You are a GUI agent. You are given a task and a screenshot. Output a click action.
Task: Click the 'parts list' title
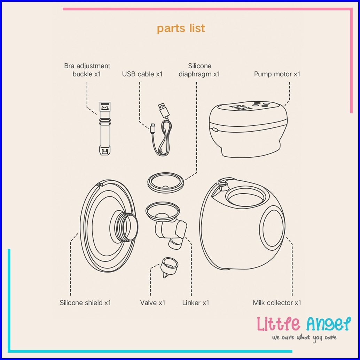pos(181,29)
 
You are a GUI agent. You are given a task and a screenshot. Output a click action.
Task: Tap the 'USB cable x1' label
pos(142,74)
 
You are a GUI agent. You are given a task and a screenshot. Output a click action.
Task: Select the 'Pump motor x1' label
pos(277,74)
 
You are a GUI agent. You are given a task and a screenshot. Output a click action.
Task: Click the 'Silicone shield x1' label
pos(85,303)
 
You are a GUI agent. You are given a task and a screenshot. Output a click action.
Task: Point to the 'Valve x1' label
pos(153,303)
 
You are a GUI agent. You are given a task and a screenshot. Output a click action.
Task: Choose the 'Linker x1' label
pos(196,303)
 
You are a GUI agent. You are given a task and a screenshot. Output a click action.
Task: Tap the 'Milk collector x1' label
pos(277,303)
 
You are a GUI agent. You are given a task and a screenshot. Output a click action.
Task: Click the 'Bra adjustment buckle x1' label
pos(87,70)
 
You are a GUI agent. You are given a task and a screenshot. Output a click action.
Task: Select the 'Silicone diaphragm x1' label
pos(199,70)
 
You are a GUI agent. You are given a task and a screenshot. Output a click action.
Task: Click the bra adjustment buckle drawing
pos(105,128)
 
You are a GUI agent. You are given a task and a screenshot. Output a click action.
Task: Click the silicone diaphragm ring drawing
pos(165,182)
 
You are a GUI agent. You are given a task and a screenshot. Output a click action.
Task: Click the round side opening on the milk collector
pos(272,228)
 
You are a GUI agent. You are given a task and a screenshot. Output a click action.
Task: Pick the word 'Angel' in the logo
pos(329,324)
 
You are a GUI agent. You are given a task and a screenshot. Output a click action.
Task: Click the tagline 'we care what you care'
pos(304,338)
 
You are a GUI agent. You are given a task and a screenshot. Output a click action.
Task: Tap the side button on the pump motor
pos(215,130)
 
